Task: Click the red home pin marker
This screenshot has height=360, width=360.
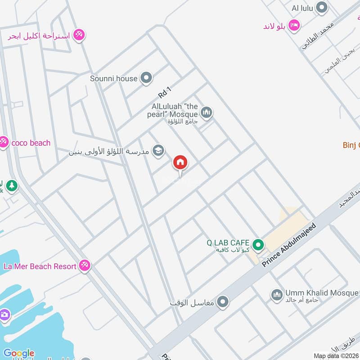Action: pyautogui.click(x=180, y=163)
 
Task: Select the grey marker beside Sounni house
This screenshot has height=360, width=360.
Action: pyautogui.click(x=146, y=78)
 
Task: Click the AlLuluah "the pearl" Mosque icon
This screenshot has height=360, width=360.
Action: pyautogui.click(x=206, y=112)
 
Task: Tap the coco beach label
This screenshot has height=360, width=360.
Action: pyautogui.click(x=31, y=143)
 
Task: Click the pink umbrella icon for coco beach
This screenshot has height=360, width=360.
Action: pyautogui.click(x=4, y=143)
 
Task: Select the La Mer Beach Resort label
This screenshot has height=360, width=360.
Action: pyautogui.click(x=40, y=266)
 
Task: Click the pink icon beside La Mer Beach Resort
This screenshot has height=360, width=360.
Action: pyautogui.click(x=84, y=266)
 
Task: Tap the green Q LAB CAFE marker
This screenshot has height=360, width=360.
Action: pyautogui.click(x=258, y=245)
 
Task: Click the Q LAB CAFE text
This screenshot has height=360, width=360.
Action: pyautogui.click(x=228, y=243)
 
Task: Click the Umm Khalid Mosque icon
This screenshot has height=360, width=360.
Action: pyautogui.click(x=276, y=295)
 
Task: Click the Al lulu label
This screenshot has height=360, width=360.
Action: pyautogui.click(x=302, y=8)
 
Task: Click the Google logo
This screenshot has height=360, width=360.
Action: pyautogui.click(x=18, y=353)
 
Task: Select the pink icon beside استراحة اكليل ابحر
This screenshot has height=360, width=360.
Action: pyautogui.click(x=79, y=35)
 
